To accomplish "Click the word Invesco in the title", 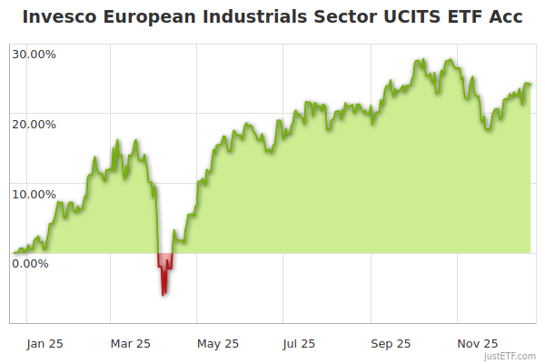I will click(x=57, y=17).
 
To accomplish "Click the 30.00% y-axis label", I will click(x=34, y=54).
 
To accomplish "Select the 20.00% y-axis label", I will click(x=34, y=124).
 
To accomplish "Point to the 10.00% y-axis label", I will click(x=34, y=194).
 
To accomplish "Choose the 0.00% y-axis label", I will click(x=30, y=264).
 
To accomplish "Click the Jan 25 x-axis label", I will click(x=44, y=343).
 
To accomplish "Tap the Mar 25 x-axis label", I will click(x=130, y=343).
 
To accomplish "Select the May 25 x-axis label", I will click(x=218, y=343).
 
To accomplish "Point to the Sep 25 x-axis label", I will click(x=391, y=343).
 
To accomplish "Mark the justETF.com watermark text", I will click(x=510, y=357).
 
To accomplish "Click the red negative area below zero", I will click(x=164, y=264).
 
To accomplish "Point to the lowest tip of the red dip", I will click(x=163, y=295).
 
